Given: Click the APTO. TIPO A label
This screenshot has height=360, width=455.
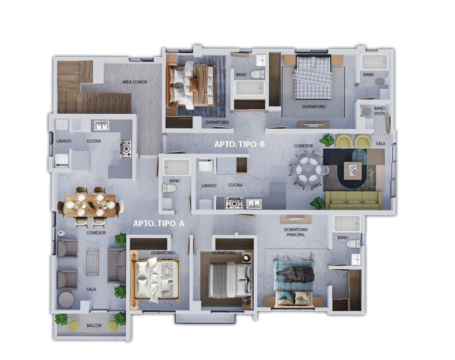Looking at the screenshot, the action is coord(159,223).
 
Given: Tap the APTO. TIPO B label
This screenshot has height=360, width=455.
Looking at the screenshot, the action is coord(239,144).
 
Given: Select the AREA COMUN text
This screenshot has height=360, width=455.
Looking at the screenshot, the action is coord(134,82).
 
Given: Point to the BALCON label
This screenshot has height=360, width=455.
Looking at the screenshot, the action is coord(94,325).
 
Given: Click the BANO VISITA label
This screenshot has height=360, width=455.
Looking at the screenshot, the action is coord(379,111).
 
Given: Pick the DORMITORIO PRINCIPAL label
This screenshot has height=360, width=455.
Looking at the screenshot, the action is coord(295,232).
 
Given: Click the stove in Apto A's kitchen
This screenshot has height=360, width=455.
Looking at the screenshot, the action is coord(127,149).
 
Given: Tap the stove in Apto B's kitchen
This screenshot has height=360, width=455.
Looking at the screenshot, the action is coord(235,203).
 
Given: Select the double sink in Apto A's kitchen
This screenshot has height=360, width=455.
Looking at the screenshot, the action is coord(102,126).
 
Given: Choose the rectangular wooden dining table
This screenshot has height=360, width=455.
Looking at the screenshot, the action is coord(91,205).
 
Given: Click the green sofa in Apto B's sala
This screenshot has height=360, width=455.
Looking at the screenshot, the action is coord(354,200).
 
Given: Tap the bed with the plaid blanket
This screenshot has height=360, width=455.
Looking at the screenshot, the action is coord(313,77).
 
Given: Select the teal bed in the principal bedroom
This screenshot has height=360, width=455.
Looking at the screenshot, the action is coord(294,283).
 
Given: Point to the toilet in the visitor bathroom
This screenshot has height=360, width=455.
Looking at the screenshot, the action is coord(367,111).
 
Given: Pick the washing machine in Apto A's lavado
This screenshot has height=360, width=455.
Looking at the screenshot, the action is coord(62,161).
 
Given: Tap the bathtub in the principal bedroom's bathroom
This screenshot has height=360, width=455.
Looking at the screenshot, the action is coord(347,223).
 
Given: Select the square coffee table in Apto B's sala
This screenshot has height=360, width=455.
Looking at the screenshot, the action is coord(353,170).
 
